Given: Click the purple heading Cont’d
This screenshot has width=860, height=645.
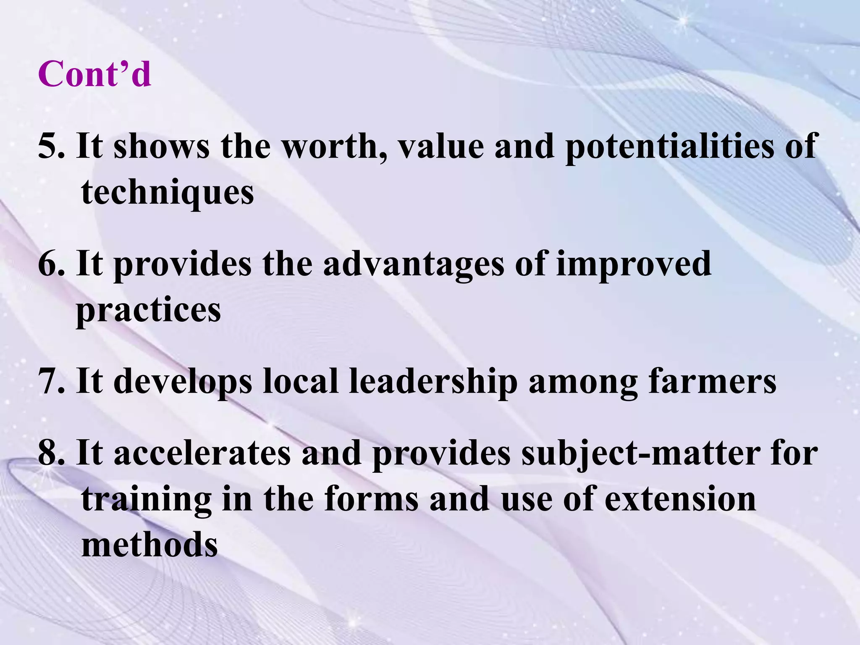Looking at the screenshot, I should coord(94,74).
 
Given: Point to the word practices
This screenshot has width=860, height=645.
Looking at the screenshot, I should coord(148,311).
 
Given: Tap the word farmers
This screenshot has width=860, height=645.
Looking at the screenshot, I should coord(712,381).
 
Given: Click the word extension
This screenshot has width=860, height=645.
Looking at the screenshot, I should coord(680,500).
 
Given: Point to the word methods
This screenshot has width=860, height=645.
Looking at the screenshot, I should coord(149,545).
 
